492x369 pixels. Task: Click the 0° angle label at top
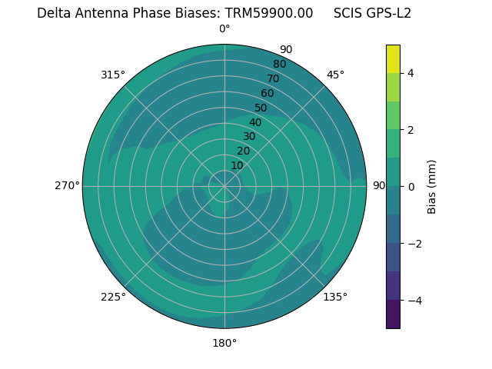(x=224, y=29)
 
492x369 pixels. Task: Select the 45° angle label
(x=335, y=75)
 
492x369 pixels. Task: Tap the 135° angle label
(x=335, y=297)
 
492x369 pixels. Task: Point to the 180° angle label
(x=224, y=343)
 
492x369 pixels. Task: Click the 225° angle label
(x=113, y=297)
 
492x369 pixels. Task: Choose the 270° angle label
(x=67, y=185)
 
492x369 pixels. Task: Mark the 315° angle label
(x=113, y=75)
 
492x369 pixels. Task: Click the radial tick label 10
(x=237, y=165)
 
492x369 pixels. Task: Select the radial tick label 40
(x=255, y=122)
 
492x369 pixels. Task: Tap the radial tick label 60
(x=267, y=94)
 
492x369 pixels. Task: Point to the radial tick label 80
(x=279, y=65)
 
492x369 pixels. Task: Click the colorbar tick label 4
(x=411, y=73)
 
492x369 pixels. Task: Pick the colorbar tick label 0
(x=411, y=187)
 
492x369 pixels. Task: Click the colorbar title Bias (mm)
(x=432, y=187)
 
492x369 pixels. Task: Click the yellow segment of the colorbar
(x=393, y=59)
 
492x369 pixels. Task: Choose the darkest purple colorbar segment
(x=393, y=314)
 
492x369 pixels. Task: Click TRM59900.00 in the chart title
(x=269, y=13)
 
